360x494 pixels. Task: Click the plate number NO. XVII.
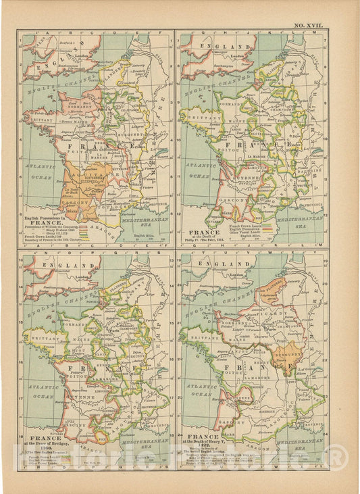click(308, 25)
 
